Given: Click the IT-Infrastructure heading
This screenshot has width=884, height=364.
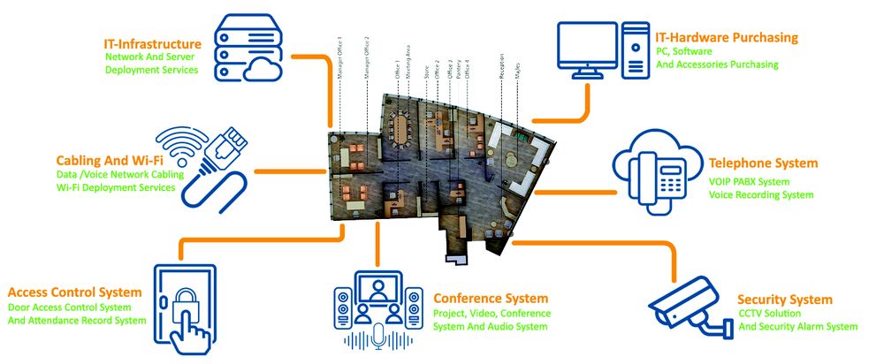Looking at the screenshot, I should (x=152, y=43).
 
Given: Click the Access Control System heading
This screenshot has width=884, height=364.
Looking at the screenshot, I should (x=74, y=292).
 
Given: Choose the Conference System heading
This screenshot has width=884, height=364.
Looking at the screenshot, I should (x=491, y=298).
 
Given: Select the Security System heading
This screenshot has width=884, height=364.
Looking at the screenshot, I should (x=785, y=299).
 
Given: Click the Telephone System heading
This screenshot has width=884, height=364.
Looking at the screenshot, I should (x=763, y=163).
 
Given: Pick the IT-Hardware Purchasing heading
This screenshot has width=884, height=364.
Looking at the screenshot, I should (x=727, y=38).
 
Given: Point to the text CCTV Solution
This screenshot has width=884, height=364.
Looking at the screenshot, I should (x=772, y=314).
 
